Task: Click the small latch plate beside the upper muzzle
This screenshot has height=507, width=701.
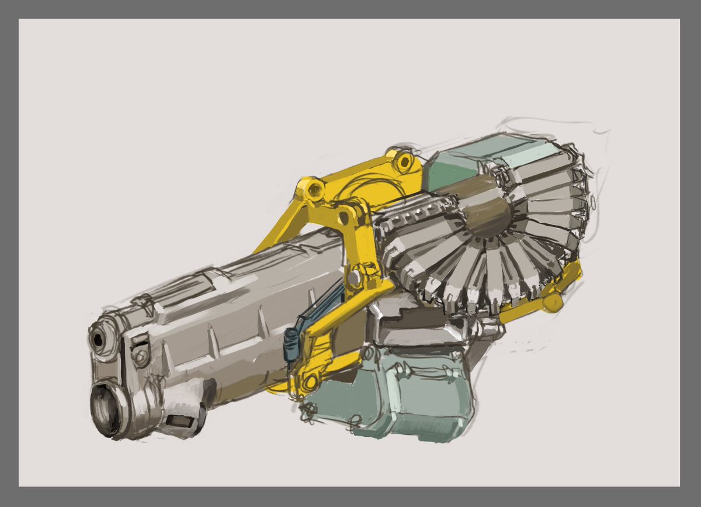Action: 140,354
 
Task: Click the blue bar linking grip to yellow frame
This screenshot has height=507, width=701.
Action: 321,308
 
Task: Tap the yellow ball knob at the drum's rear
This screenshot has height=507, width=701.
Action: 552,302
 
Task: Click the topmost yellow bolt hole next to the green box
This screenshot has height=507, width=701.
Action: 401,158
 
